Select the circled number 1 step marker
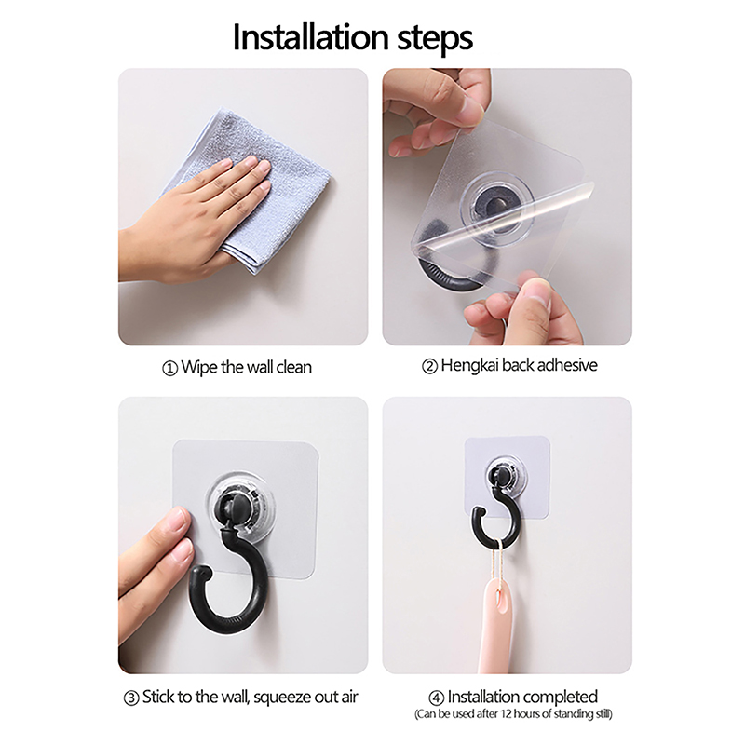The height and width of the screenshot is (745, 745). tap(169, 369)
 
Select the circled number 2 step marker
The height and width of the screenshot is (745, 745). tap(429, 366)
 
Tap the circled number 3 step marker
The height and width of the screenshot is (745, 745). tap(130, 698)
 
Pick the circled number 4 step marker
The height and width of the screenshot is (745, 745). tap(436, 698)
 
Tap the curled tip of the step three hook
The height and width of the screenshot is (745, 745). tap(199, 573)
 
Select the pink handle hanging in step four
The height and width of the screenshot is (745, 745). tap(496, 627)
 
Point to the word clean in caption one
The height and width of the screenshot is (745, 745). tap(293, 367)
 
